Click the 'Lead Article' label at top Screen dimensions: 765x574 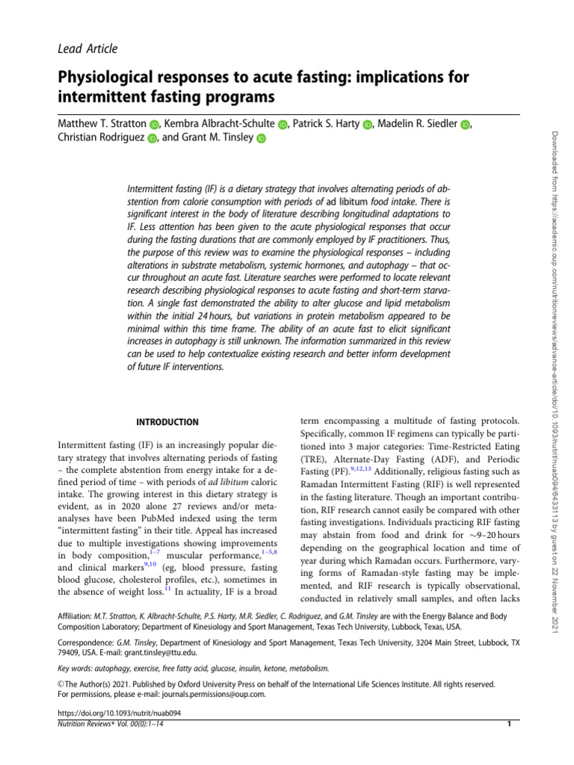pos(87,49)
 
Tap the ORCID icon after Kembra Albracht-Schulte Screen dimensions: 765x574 pos(283,125)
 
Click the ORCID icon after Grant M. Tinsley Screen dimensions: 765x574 pos(261,138)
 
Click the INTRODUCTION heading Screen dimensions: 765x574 pos(167,422)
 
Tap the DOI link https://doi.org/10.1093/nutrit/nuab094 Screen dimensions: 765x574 pos(120,713)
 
